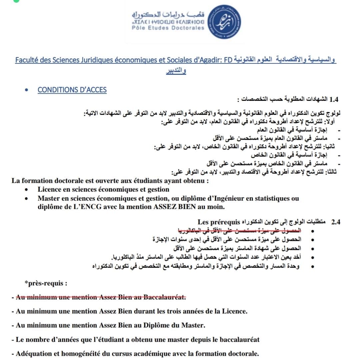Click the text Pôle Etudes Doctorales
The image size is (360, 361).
pos(168,28)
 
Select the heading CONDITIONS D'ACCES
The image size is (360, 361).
pos(72,90)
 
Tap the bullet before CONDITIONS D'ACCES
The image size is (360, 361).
pos(27,90)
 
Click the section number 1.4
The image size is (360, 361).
pos(334,99)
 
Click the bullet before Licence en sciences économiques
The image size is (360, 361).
pos(27,190)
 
